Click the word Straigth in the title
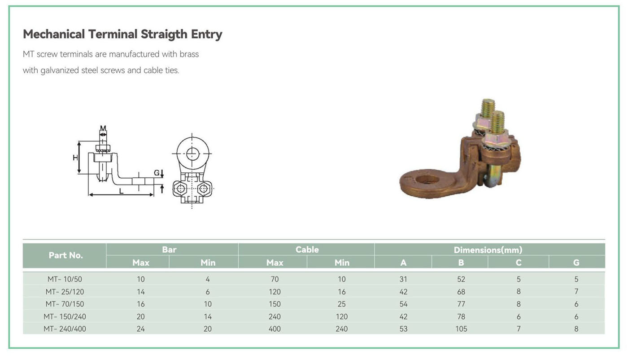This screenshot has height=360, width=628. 164,35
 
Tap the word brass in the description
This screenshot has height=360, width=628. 189,54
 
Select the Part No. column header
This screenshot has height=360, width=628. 65,255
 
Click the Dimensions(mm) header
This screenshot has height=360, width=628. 488,250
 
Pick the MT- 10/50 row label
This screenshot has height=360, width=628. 65,279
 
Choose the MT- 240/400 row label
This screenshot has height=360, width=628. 65,329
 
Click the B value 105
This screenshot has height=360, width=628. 461,329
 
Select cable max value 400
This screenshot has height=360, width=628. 275,329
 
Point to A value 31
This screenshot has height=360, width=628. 403,279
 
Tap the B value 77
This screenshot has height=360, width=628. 461,304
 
